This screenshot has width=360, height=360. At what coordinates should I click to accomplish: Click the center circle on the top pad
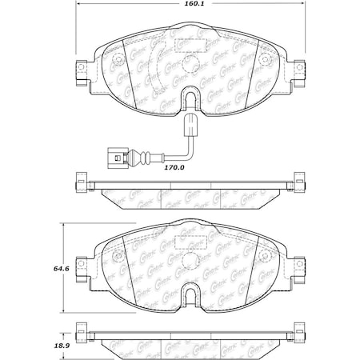(190, 62)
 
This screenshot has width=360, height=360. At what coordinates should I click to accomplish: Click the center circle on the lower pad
(190, 259)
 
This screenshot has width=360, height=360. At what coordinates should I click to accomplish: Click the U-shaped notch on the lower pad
(190, 298)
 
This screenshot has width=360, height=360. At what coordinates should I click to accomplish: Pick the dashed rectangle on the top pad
(190, 44)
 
